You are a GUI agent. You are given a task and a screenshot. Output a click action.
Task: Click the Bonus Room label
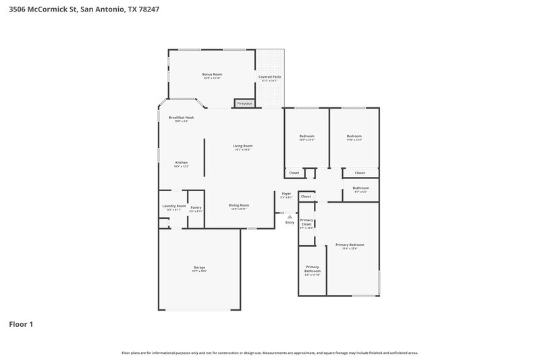212,74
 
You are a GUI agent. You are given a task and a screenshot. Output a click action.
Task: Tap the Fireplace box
244,103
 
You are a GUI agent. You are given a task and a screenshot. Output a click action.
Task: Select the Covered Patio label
269,77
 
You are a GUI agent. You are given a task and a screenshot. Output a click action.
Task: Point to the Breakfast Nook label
181,118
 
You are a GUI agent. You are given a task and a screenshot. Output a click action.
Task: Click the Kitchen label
182,163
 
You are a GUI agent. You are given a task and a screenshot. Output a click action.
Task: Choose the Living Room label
242,146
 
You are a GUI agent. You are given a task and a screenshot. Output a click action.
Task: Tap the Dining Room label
238,205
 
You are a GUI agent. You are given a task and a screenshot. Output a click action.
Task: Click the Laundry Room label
173,206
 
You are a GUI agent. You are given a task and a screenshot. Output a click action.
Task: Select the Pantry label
196,208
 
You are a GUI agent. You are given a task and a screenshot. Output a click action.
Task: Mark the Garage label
199,267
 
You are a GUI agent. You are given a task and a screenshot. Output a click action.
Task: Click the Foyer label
286,194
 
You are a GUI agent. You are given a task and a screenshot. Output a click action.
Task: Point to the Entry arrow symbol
290,217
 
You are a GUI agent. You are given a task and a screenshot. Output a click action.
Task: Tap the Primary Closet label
306,222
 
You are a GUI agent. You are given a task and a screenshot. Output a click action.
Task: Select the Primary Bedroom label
350,245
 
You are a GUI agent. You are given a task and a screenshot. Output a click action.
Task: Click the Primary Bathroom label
312,269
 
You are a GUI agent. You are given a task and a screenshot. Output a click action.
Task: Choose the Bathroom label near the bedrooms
360,188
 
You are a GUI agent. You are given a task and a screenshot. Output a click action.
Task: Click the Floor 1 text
21,324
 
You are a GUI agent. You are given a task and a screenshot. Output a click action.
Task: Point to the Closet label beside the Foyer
306,197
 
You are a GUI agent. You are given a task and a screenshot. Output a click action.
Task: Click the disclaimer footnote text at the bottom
269,353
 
